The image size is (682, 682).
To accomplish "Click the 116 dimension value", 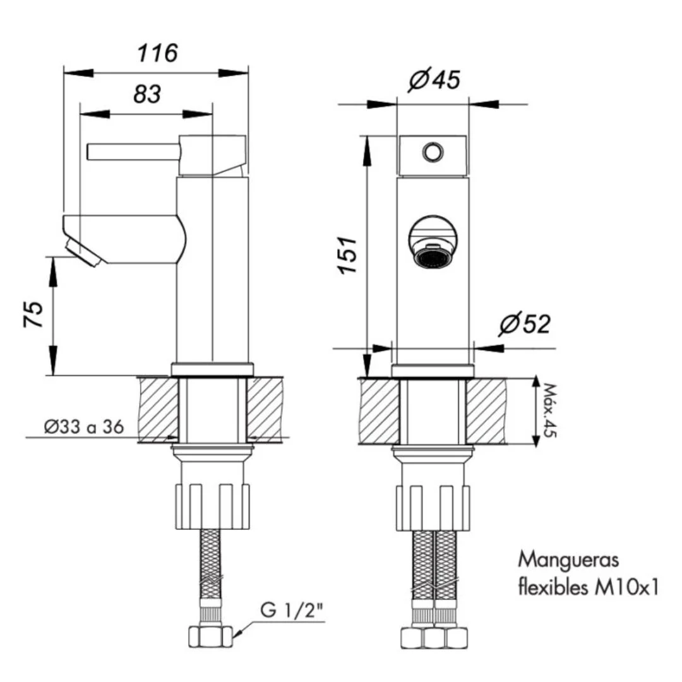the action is coord(157,53).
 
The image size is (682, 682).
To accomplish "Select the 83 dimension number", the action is coord(147,94).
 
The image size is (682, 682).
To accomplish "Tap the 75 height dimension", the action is coord(33,314).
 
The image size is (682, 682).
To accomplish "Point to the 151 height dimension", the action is coord(347,255).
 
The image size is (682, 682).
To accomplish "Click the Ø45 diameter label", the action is coord(434,79).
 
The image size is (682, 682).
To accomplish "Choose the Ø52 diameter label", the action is coord(525,323).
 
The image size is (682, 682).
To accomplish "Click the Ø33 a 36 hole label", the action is coord(84,427).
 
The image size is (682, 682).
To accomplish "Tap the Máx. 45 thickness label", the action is coord(549,410).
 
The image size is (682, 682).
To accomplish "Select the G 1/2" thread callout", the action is coord(292,610).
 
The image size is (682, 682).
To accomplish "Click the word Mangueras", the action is coord(568,560).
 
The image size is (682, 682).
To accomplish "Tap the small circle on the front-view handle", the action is coord(433,152).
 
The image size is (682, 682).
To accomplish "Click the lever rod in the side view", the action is coord(133,152).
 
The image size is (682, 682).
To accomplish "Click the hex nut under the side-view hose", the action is coord(211,637).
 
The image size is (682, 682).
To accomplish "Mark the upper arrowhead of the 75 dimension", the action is coord(53,272).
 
